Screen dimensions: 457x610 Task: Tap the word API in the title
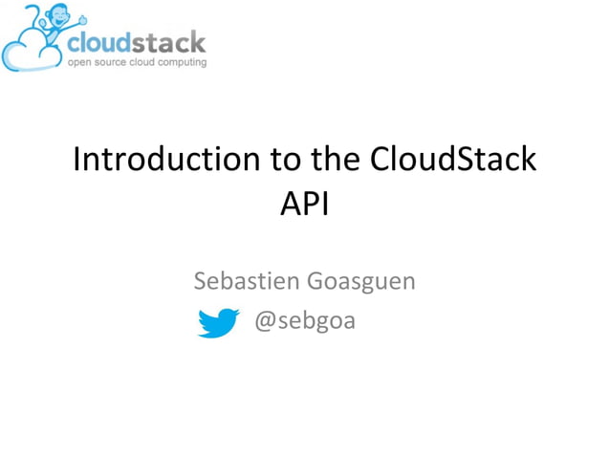304,205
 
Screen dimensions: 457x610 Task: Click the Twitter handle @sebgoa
304,320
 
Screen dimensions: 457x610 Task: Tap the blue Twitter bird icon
218,323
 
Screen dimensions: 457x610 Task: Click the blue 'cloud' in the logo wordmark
99,42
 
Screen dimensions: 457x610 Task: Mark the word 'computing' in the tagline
181,61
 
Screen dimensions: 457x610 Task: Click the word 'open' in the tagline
77,61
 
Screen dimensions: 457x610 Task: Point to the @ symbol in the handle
265,320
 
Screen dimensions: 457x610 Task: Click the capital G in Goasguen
315,282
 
